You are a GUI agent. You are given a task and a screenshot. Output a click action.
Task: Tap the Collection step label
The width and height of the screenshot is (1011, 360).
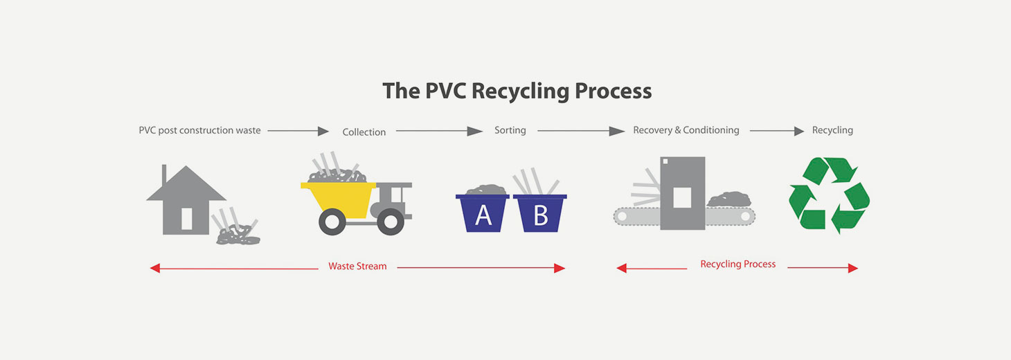coord(364,132)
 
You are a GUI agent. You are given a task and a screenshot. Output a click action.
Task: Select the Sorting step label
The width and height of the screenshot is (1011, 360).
coord(510,130)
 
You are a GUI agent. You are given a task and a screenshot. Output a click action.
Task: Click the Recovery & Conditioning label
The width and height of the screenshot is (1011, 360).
coord(686,130)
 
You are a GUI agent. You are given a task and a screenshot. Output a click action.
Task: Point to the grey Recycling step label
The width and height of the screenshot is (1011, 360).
coord(832,130)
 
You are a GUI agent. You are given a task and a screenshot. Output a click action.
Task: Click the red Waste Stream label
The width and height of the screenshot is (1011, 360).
coord(357,266)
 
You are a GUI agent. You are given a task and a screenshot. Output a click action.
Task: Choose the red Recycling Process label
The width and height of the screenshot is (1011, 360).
coord(738,264)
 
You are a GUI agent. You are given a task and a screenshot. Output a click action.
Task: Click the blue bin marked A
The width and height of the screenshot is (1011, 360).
coord(482,213)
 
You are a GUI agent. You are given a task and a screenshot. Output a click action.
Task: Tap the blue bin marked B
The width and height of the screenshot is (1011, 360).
coord(540,213)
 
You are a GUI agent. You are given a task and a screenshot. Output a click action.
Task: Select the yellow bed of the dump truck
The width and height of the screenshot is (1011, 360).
coord(339,199)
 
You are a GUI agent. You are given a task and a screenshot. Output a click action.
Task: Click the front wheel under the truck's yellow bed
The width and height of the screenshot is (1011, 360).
coord(332,222)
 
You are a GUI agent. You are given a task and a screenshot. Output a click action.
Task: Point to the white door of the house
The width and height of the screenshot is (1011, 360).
coord(186,219)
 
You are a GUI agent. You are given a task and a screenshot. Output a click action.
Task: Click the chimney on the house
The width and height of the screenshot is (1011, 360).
coord(164,174)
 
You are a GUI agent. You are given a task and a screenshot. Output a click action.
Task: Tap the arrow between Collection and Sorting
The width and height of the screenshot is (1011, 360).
coord(439,131)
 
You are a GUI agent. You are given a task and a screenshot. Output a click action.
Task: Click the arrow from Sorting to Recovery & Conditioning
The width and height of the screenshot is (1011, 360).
coord(581,131)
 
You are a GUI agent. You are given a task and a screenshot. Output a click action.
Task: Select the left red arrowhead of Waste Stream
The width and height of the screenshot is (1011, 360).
coord(155,269)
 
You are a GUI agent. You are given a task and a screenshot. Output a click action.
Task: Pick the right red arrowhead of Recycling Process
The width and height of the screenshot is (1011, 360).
coord(852,268)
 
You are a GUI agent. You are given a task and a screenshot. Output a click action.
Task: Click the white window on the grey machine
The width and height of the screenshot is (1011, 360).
coord(682,197)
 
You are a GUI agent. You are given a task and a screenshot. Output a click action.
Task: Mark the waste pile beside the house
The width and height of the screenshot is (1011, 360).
coord(238,235)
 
